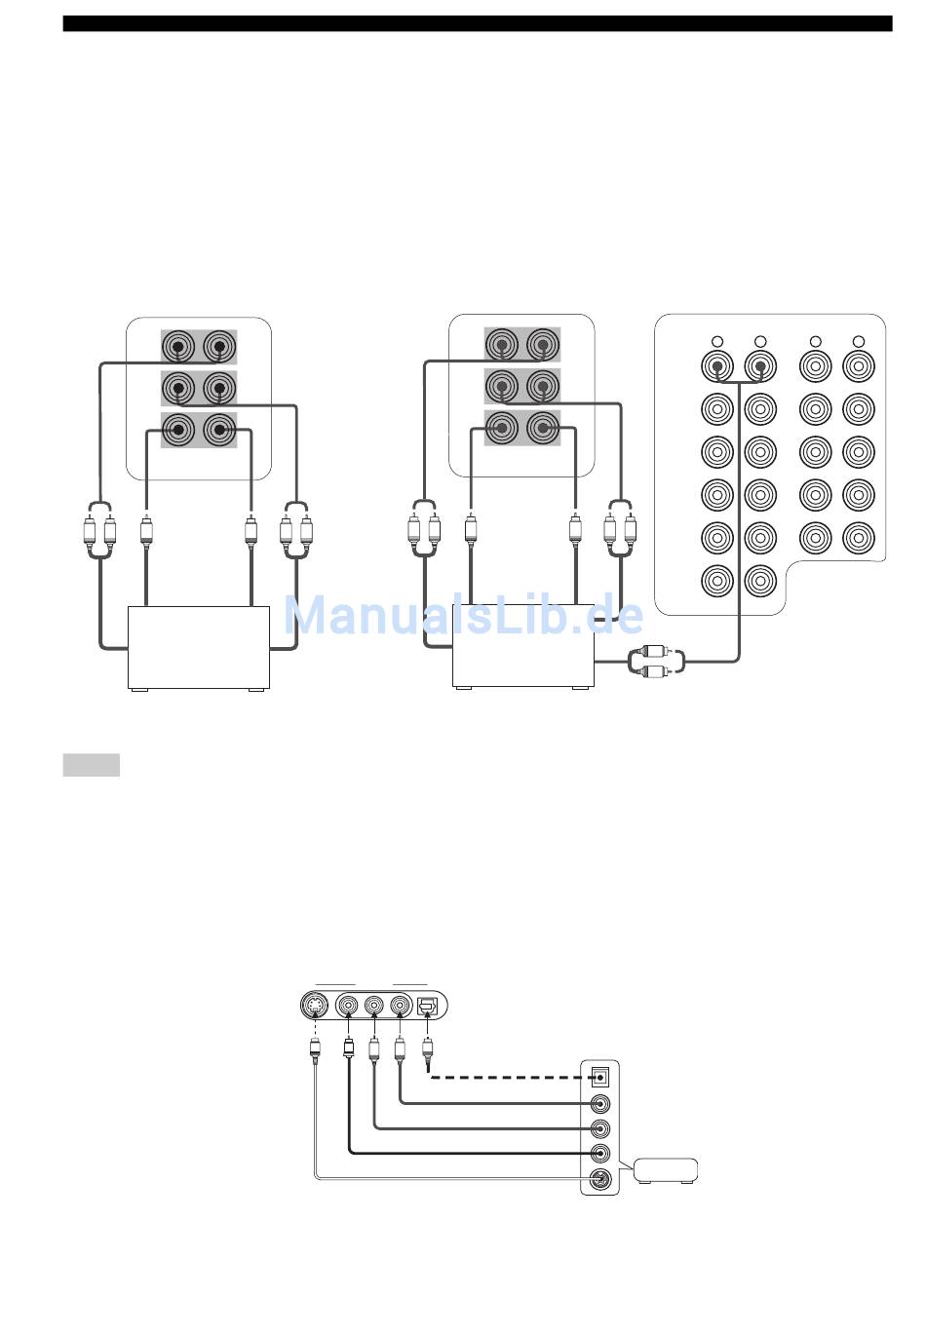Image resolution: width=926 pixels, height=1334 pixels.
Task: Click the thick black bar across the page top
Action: click(478, 23)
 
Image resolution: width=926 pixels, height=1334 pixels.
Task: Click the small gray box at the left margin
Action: click(92, 765)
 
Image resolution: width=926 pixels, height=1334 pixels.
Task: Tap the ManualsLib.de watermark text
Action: click(464, 615)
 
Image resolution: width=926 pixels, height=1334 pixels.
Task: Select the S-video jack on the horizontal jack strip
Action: click(314, 1006)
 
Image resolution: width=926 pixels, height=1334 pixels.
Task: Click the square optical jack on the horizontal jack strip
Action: click(427, 1006)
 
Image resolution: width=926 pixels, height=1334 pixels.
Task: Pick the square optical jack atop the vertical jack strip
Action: click(599, 1076)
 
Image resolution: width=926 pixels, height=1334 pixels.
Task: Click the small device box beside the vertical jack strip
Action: click(665, 1171)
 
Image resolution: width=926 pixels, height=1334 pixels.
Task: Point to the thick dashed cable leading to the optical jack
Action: click(510, 1078)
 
